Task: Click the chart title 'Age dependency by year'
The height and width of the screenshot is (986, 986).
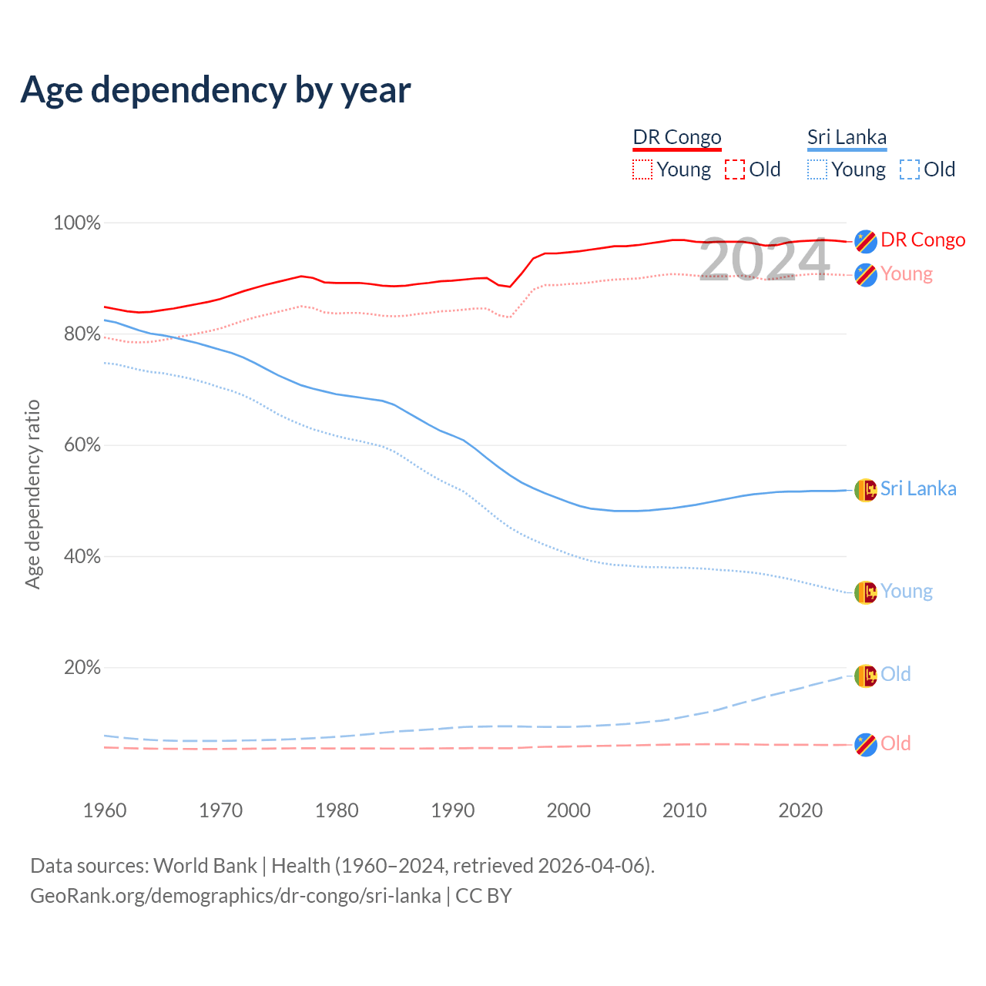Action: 216,90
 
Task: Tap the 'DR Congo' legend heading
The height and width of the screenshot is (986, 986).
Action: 677,137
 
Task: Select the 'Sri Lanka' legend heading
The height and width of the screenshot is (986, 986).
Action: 847,137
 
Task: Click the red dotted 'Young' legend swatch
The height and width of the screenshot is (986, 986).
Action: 642,169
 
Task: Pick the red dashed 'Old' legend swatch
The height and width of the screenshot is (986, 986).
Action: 735,169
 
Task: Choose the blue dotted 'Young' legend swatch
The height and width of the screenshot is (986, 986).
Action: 817,169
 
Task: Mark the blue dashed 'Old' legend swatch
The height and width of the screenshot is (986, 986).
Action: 910,169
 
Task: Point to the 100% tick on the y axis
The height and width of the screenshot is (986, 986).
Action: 77,223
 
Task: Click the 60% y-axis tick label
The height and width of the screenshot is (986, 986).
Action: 81,445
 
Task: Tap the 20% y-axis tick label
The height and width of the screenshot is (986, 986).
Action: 82,668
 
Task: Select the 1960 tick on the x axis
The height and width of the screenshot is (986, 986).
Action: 105,810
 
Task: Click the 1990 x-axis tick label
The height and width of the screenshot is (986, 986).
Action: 453,810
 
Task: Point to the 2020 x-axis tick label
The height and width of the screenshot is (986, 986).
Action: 800,810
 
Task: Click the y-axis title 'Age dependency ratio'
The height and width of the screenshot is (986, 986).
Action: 32,494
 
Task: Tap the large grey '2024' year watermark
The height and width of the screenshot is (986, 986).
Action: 764,260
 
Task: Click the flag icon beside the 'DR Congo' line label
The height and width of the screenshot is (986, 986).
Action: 866,241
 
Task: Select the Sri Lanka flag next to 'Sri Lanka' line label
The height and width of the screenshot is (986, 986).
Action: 866,490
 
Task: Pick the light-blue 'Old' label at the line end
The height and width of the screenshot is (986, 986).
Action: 896,674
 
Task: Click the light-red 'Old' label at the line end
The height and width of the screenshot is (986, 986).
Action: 896,743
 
